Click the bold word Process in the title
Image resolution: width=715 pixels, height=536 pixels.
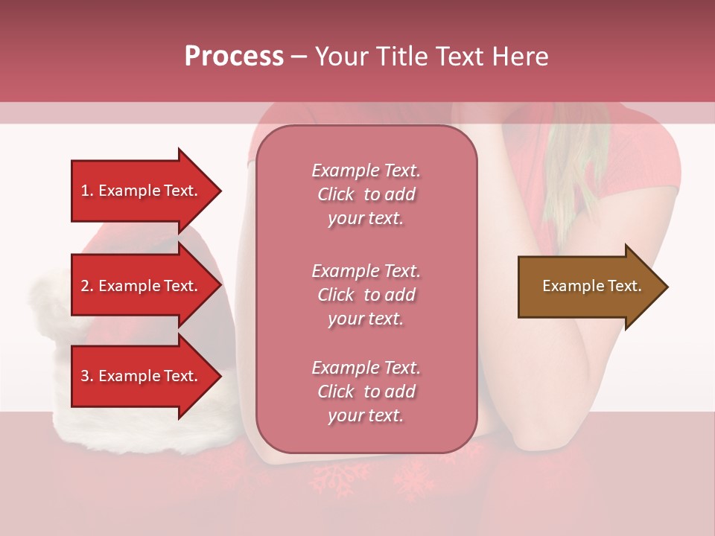pyautogui.click(x=234, y=57)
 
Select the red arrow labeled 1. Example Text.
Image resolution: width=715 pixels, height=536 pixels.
pyautogui.click(x=142, y=191)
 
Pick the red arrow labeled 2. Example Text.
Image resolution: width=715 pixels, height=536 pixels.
pyautogui.click(x=142, y=286)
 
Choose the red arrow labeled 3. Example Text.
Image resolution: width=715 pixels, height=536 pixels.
pyautogui.click(x=142, y=376)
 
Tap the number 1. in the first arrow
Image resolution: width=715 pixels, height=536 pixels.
pyautogui.click(x=87, y=191)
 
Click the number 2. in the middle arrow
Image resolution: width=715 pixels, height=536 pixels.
pyautogui.click(x=87, y=286)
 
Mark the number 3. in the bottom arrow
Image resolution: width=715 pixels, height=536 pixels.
pyautogui.click(x=87, y=376)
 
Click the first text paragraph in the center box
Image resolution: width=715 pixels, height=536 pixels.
pyautogui.click(x=366, y=194)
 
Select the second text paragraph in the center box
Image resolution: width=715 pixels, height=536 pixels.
pyautogui.click(x=366, y=295)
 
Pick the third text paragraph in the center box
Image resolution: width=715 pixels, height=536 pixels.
pyautogui.click(x=366, y=392)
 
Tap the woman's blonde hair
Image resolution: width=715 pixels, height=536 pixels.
pyautogui.click(x=570, y=179)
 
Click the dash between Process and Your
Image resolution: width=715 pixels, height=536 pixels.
pyautogui.click(x=299, y=57)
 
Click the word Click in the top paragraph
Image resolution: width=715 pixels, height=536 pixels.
pyautogui.click(x=336, y=194)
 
